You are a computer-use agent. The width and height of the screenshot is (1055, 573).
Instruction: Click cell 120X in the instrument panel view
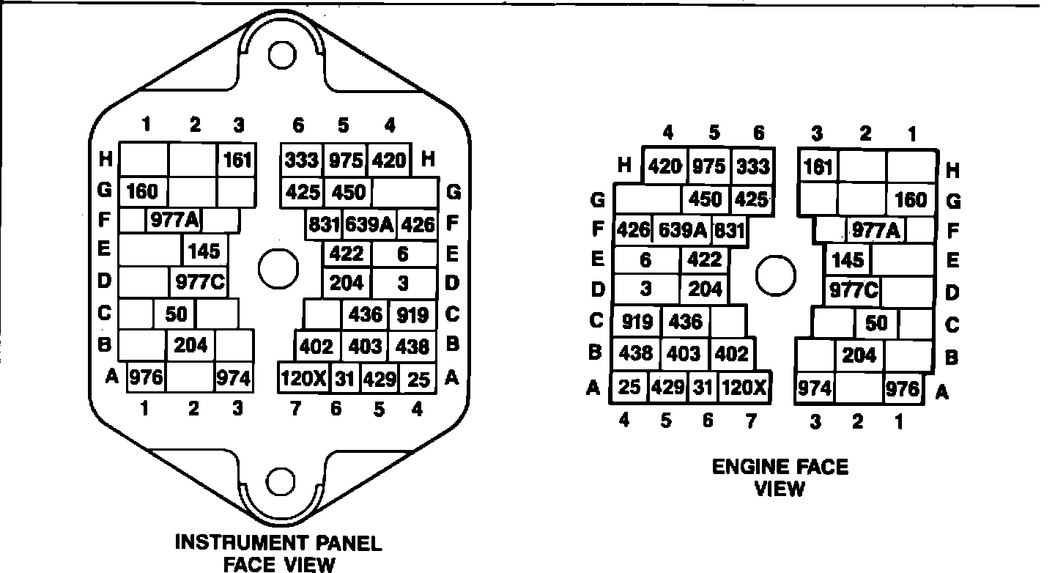(x=303, y=379)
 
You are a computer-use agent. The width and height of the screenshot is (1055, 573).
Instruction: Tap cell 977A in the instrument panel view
(x=175, y=219)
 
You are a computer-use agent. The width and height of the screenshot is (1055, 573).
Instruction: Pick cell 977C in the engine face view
(x=853, y=291)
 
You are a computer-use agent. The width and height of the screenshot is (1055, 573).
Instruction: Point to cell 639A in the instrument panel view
(x=369, y=224)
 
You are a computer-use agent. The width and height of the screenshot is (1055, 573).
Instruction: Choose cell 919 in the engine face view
(x=636, y=321)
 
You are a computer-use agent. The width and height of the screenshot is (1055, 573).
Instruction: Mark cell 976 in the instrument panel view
(x=147, y=379)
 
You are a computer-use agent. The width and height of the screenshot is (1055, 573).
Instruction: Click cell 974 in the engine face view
(x=815, y=388)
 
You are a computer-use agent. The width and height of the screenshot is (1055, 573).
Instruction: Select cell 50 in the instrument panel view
(x=176, y=314)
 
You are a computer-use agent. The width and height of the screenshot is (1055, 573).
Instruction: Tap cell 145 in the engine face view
(x=848, y=260)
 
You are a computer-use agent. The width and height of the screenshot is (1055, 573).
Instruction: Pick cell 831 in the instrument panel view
(x=323, y=224)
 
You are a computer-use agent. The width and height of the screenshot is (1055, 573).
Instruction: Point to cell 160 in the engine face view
(x=911, y=199)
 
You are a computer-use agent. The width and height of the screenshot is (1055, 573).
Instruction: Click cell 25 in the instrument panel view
(x=419, y=379)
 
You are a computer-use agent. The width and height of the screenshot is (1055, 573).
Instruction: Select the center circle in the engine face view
(x=775, y=276)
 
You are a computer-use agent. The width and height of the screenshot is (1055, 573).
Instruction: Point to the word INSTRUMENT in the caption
(x=233, y=543)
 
